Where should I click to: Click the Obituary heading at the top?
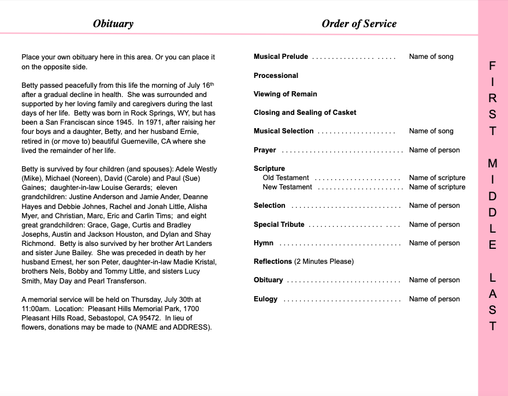point(113,24)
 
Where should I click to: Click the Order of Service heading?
point(359,24)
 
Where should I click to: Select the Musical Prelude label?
point(281,57)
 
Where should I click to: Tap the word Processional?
point(276,76)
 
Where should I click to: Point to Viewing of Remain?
point(285,94)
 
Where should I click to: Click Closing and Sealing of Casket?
point(305,113)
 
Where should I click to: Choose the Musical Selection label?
point(283,131)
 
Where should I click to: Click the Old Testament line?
point(285,178)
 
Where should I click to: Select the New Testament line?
point(287,187)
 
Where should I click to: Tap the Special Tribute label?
point(279,225)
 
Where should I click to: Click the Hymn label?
point(264,243)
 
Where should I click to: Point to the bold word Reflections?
point(273,261)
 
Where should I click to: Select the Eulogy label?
point(265,299)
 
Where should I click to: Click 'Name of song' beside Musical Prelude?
point(431,57)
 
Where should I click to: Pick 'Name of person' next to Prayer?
point(434,150)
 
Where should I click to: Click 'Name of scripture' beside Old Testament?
point(437,178)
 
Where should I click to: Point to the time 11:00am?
point(36,309)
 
